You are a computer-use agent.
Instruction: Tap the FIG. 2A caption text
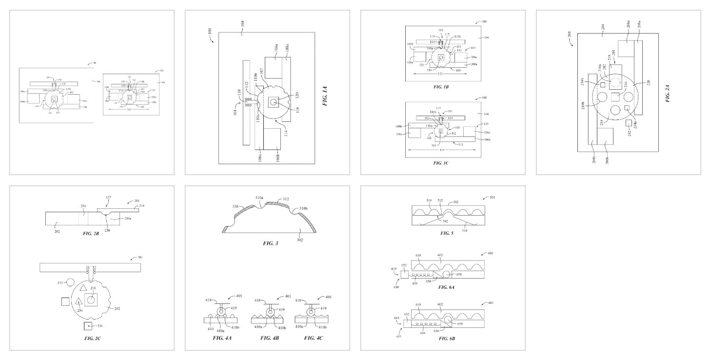click(x=668, y=93)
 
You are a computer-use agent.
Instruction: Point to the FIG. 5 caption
click(x=447, y=233)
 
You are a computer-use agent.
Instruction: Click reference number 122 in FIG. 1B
click(x=440, y=73)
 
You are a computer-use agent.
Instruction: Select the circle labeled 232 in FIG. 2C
click(x=70, y=282)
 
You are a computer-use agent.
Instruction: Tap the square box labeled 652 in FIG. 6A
click(x=405, y=275)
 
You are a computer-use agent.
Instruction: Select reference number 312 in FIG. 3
click(x=284, y=199)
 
